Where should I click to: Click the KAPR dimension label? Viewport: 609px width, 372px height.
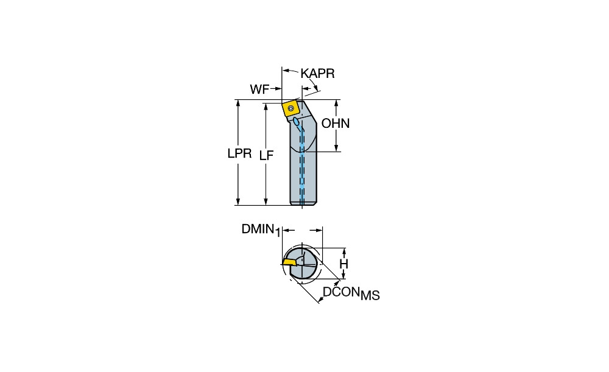pyautogui.click(x=317, y=74)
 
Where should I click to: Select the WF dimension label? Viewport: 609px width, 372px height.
pyautogui.click(x=259, y=89)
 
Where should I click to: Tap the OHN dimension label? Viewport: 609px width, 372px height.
pyautogui.click(x=336, y=124)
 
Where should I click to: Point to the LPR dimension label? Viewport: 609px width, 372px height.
pyautogui.click(x=239, y=153)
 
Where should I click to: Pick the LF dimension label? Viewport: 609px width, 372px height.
pyautogui.click(x=267, y=156)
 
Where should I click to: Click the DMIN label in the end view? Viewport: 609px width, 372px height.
pyautogui.click(x=258, y=229)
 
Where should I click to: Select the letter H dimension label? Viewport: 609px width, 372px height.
pyautogui.click(x=343, y=264)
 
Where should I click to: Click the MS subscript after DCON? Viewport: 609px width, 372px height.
pyautogui.click(x=370, y=296)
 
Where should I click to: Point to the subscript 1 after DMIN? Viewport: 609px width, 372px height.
pyautogui.click(x=278, y=233)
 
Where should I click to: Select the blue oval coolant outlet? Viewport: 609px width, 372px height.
pyautogui.click(x=297, y=122)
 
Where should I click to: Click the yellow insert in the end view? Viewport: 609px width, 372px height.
pyautogui.click(x=289, y=262)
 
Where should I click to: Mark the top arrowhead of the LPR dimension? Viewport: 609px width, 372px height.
pyautogui.click(x=238, y=102)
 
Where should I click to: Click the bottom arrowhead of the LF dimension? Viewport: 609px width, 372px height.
pyautogui.click(x=266, y=202)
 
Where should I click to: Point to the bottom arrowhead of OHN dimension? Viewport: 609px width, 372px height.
pyautogui.click(x=336, y=148)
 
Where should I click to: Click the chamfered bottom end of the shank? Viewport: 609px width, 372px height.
pyautogui.click(x=303, y=203)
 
